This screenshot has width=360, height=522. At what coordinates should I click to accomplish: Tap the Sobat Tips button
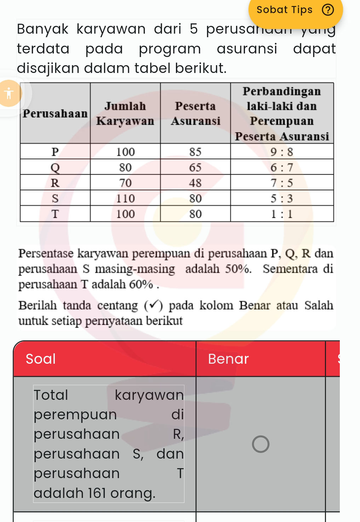click(x=285, y=10)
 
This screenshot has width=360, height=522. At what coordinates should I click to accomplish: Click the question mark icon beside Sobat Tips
click(x=328, y=10)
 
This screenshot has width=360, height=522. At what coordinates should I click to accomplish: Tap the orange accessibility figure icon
click(x=9, y=93)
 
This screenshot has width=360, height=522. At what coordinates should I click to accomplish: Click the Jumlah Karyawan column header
click(x=125, y=113)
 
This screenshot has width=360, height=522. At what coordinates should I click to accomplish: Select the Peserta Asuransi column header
click(x=195, y=113)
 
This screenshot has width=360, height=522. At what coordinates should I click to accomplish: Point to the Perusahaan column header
click(x=55, y=113)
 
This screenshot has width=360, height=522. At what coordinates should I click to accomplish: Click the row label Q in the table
click(x=55, y=167)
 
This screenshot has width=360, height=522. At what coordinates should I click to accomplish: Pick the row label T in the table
click(x=55, y=214)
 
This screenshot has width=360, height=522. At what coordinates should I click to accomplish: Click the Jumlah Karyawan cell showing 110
click(x=125, y=198)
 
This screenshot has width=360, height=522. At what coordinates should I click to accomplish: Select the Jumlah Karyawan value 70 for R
click(x=125, y=183)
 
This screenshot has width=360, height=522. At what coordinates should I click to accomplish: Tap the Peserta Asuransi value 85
click(x=195, y=152)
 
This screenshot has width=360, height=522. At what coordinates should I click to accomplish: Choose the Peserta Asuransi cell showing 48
click(x=195, y=183)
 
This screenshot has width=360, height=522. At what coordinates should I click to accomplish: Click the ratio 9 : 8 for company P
click(x=282, y=152)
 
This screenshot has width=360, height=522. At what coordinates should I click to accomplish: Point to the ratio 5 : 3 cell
click(x=282, y=198)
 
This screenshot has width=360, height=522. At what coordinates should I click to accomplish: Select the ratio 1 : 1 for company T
click(x=282, y=214)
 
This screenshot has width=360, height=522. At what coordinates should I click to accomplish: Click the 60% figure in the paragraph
click(x=141, y=284)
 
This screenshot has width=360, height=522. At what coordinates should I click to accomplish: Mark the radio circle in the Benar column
click(x=261, y=444)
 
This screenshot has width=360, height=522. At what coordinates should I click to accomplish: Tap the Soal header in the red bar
click(x=41, y=359)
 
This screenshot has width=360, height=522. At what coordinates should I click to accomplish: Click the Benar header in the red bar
click(x=228, y=359)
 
